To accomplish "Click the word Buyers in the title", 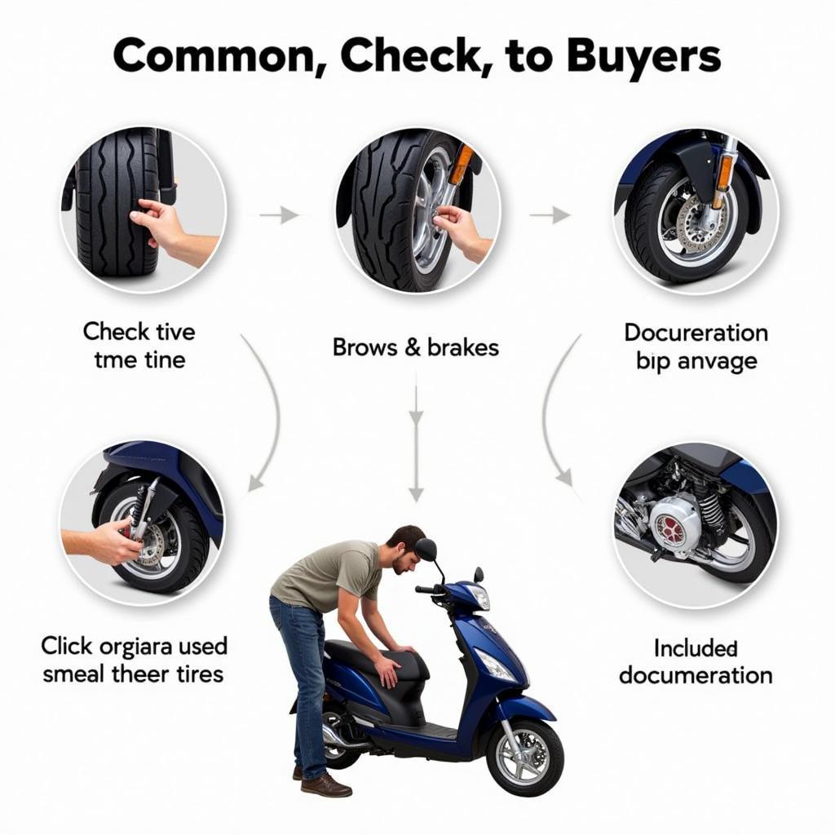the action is tap(643, 56).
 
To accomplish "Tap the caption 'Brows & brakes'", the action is tap(415, 347).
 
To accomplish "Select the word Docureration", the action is tap(696, 333).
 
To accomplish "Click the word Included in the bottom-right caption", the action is tap(696, 648).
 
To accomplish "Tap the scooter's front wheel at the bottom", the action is tap(525, 758).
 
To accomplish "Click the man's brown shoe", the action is tap(325, 785).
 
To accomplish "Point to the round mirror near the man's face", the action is tap(426, 550).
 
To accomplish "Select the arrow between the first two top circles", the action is tap(279, 215).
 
